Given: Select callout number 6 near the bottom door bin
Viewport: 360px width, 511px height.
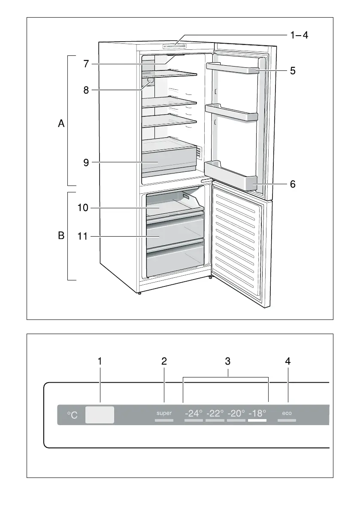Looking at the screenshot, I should [x=292, y=184].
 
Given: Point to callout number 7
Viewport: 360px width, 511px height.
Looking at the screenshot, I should [x=86, y=64].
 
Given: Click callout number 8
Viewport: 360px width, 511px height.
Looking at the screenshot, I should [x=86, y=90].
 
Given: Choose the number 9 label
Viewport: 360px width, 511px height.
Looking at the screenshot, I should [x=86, y=163].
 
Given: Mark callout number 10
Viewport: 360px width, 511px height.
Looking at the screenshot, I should [x=83, y=208].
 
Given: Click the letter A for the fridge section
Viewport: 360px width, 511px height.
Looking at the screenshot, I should [x=61, y=124].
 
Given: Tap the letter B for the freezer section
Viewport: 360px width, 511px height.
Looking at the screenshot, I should [x=61, y=236].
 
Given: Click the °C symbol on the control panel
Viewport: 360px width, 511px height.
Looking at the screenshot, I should [x=73, y=415].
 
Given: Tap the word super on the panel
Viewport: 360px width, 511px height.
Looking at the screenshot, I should [x=164, y=413].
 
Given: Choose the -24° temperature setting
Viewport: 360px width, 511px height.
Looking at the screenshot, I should [x=194, y=414].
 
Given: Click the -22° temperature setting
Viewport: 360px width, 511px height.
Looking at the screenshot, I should [x=215, y=414].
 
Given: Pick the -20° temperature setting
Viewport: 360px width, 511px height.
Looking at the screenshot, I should [x=236, y=414].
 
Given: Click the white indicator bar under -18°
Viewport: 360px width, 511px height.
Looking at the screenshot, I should [x=257, y=421].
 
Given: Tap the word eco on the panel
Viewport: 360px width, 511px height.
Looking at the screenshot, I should [x=287, y=413].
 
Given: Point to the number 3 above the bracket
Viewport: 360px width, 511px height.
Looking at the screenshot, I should [x=228, y=362].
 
